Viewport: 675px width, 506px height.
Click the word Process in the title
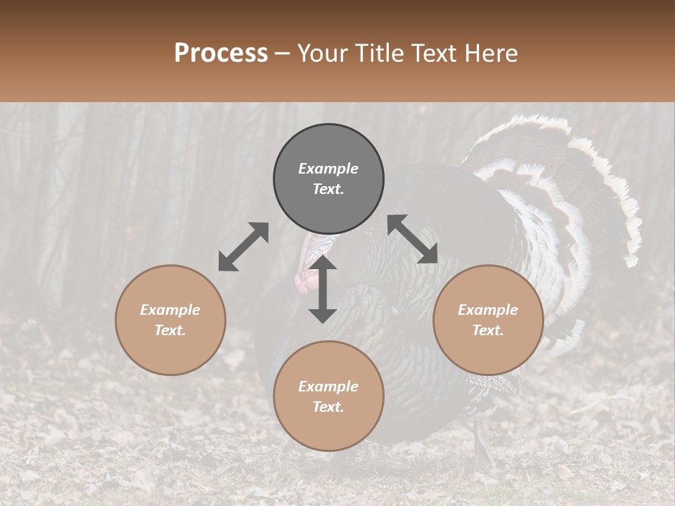point(221,53)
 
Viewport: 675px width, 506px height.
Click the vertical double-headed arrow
point(323,289)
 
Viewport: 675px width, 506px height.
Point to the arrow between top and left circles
point(243,247)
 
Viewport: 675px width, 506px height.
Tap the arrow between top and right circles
point(413,239)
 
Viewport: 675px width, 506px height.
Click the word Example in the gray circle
point(328,169)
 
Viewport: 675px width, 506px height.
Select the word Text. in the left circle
point(170,330)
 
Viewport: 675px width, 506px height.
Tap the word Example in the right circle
point(488,310)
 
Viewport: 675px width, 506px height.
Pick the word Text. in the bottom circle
point(328,407)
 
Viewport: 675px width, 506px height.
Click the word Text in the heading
point(434,53)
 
